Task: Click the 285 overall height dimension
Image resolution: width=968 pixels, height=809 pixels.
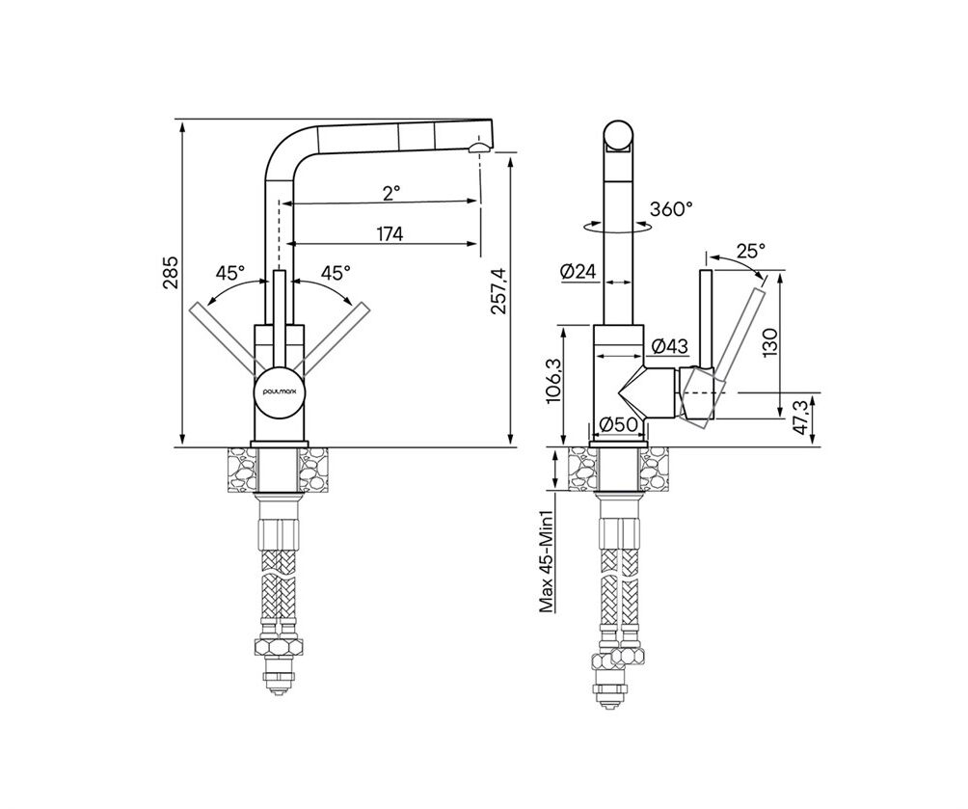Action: click(172, 272)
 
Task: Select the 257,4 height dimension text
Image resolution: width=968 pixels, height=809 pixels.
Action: click(498, 291)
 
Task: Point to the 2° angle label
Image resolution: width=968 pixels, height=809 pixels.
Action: click(391, 193)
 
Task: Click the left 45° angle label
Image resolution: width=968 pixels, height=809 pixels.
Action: click(230, 272)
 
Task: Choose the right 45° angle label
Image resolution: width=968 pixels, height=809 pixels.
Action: click(336, 272)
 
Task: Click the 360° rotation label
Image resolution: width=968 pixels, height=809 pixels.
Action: click(671, 209)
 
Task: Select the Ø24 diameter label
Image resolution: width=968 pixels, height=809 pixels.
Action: click(580, 271)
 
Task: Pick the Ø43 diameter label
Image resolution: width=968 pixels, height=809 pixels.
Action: click(669, 346)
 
